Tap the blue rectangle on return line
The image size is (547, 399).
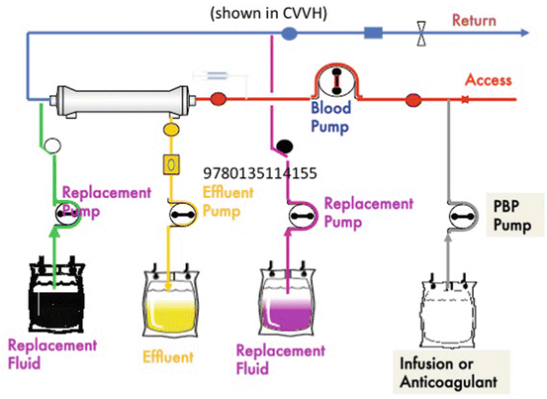click(x=374, y=35)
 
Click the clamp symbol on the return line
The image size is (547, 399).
click(x=423, y=35)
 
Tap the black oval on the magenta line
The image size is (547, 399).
click(x=284, y=149)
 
